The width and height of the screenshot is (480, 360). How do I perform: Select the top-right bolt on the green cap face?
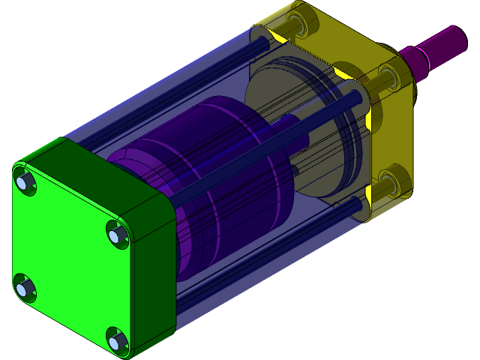[x=115, y=235]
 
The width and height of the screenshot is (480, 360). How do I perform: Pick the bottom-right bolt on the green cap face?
[x=114, y=341]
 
